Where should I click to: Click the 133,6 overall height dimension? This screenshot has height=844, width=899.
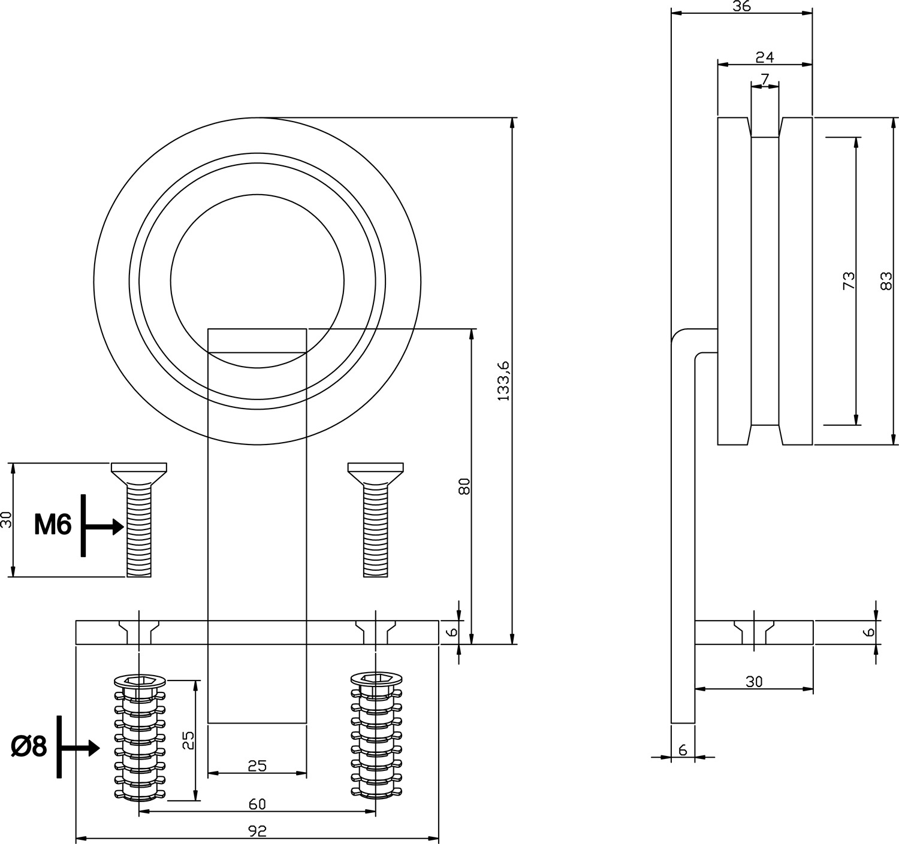503,381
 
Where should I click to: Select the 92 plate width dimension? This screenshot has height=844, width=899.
257,831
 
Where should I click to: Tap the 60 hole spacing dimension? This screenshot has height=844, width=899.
257,804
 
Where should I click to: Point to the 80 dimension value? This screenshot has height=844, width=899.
464,486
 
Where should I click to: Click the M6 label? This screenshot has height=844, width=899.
53,525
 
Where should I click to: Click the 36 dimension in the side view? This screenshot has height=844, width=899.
741,7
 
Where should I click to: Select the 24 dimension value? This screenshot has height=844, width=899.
765,58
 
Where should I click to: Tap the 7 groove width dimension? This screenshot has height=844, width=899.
765,79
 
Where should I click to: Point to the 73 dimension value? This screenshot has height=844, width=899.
849,280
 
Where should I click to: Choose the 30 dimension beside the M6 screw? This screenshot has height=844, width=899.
7,519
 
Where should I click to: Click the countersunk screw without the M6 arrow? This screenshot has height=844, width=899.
376,519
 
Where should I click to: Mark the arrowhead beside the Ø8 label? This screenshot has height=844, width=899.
93,748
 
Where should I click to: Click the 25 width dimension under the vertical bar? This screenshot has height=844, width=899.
257,766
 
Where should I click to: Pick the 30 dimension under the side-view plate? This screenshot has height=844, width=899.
753,682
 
